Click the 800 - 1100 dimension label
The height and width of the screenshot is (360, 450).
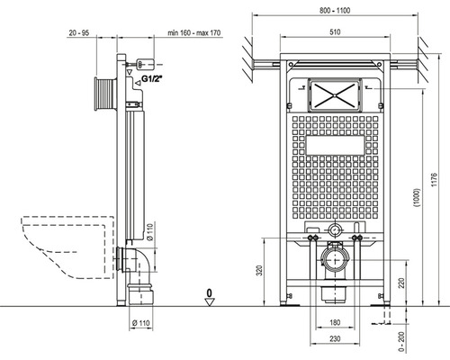click(x=335, y=11)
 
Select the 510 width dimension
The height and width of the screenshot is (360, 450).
click(x=335, y=31)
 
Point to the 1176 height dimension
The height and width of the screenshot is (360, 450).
click(x=435, y=180)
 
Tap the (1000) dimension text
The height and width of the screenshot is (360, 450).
click(x=417, y=198)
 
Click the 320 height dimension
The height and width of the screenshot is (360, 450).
click(x=260, y=270)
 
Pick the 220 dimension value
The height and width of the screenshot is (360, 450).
click(x=401, y=283)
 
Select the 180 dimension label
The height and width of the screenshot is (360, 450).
click(x=335, y=322)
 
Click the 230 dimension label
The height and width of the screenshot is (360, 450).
click(x=335, y=338)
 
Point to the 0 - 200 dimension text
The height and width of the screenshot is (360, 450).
click(x=402, y=341)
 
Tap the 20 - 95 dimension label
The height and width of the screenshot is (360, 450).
click(x=79, y=32)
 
